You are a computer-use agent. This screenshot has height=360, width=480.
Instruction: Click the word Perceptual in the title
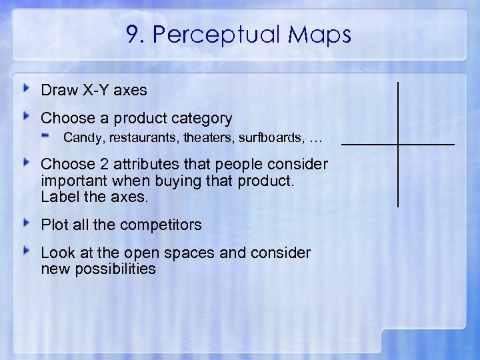click(x=213, y=35)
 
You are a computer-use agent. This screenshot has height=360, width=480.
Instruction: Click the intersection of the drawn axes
click(x=398, y=144)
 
